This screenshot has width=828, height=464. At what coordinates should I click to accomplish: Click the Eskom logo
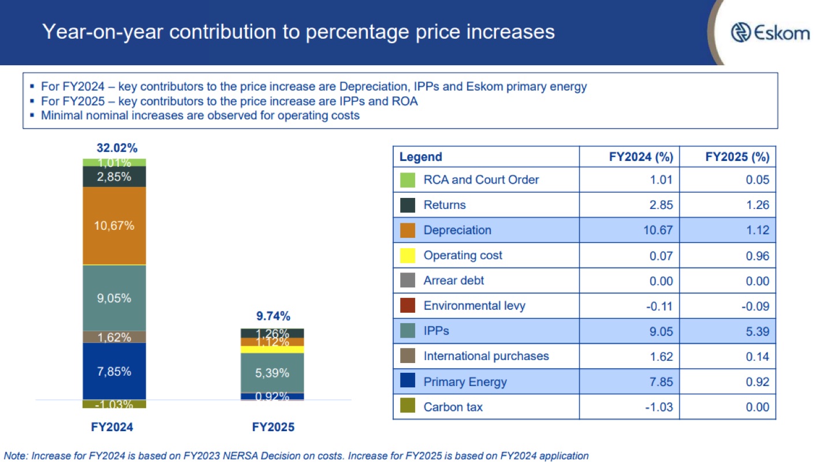pos(770,32)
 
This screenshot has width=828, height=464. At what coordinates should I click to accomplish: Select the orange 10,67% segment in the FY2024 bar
pos(114,226)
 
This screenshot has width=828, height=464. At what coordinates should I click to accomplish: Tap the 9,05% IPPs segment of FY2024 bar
pos(114,298)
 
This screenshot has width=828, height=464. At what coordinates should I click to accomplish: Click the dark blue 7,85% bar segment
pos(114,371)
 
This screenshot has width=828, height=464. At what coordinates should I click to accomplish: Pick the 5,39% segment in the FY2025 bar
pos(272,373)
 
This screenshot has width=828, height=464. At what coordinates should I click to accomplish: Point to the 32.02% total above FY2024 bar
pos(114,148)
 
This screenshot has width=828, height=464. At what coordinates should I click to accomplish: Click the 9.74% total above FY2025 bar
pos(273,316)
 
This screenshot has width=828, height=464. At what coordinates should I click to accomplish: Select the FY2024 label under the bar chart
pos(112,428)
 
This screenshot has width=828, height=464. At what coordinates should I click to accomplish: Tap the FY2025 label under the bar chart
pos(273,428)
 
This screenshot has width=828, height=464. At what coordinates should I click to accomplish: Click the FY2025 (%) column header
pos(737,157)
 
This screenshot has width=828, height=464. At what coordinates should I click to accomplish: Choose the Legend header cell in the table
pos(421,157)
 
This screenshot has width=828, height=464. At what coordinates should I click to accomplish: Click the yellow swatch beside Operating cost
pos(408,255)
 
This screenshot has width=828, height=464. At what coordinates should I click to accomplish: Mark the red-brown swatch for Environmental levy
pos(408,306)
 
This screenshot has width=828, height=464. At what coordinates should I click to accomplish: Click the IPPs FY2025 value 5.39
pos(757,331)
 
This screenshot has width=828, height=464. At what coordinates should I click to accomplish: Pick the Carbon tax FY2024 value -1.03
pos(659,407)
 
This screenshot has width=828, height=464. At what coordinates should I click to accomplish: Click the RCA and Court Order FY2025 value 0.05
pos(757,179)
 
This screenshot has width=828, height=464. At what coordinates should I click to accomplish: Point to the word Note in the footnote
pos(16,456)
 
